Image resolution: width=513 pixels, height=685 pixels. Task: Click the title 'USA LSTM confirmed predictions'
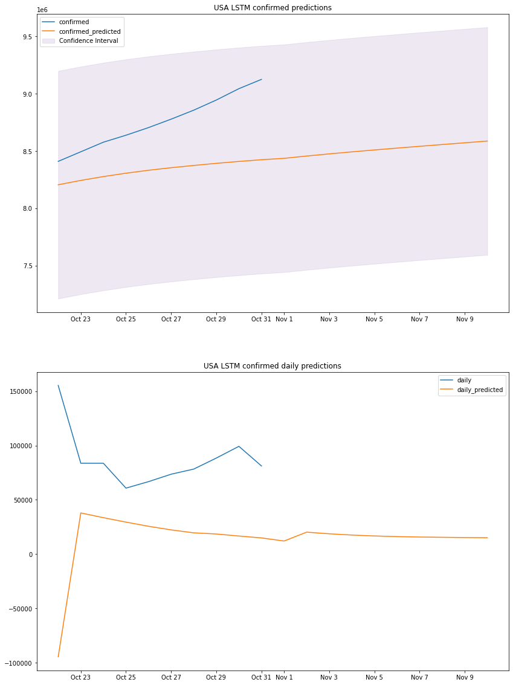273,8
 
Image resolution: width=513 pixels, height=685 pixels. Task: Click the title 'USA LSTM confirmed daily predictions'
273,366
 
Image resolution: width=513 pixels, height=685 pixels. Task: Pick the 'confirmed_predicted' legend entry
89,31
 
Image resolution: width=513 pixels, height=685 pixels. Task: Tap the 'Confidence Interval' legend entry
88,41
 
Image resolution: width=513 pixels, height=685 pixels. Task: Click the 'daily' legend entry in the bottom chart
464,381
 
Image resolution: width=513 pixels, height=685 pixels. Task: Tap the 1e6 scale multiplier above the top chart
43,10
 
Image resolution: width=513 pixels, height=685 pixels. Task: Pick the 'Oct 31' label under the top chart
261,320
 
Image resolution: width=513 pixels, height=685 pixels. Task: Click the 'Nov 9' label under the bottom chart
464,678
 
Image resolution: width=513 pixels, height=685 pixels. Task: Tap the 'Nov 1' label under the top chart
284,320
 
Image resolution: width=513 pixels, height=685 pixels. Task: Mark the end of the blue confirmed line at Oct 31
262,79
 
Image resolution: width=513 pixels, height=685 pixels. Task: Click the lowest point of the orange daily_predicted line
59,657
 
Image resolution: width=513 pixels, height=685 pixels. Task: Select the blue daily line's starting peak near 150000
59,385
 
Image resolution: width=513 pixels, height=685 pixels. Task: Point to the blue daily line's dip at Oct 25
126,488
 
